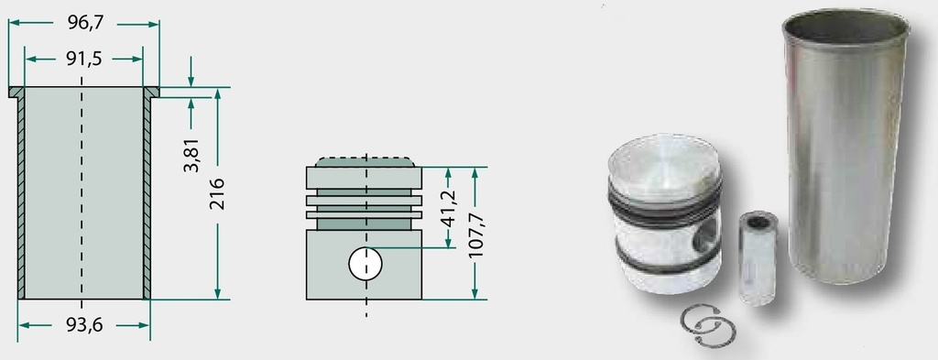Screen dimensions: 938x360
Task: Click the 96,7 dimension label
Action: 85,23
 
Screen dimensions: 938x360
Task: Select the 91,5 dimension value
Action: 84,59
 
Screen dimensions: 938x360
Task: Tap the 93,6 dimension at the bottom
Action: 83,324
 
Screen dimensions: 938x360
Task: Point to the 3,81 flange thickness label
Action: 191,154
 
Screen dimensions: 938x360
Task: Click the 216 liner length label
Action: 217,193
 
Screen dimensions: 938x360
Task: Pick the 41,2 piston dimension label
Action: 448,207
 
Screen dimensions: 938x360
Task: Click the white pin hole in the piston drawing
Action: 365,264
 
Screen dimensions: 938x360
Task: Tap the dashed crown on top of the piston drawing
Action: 365,162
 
